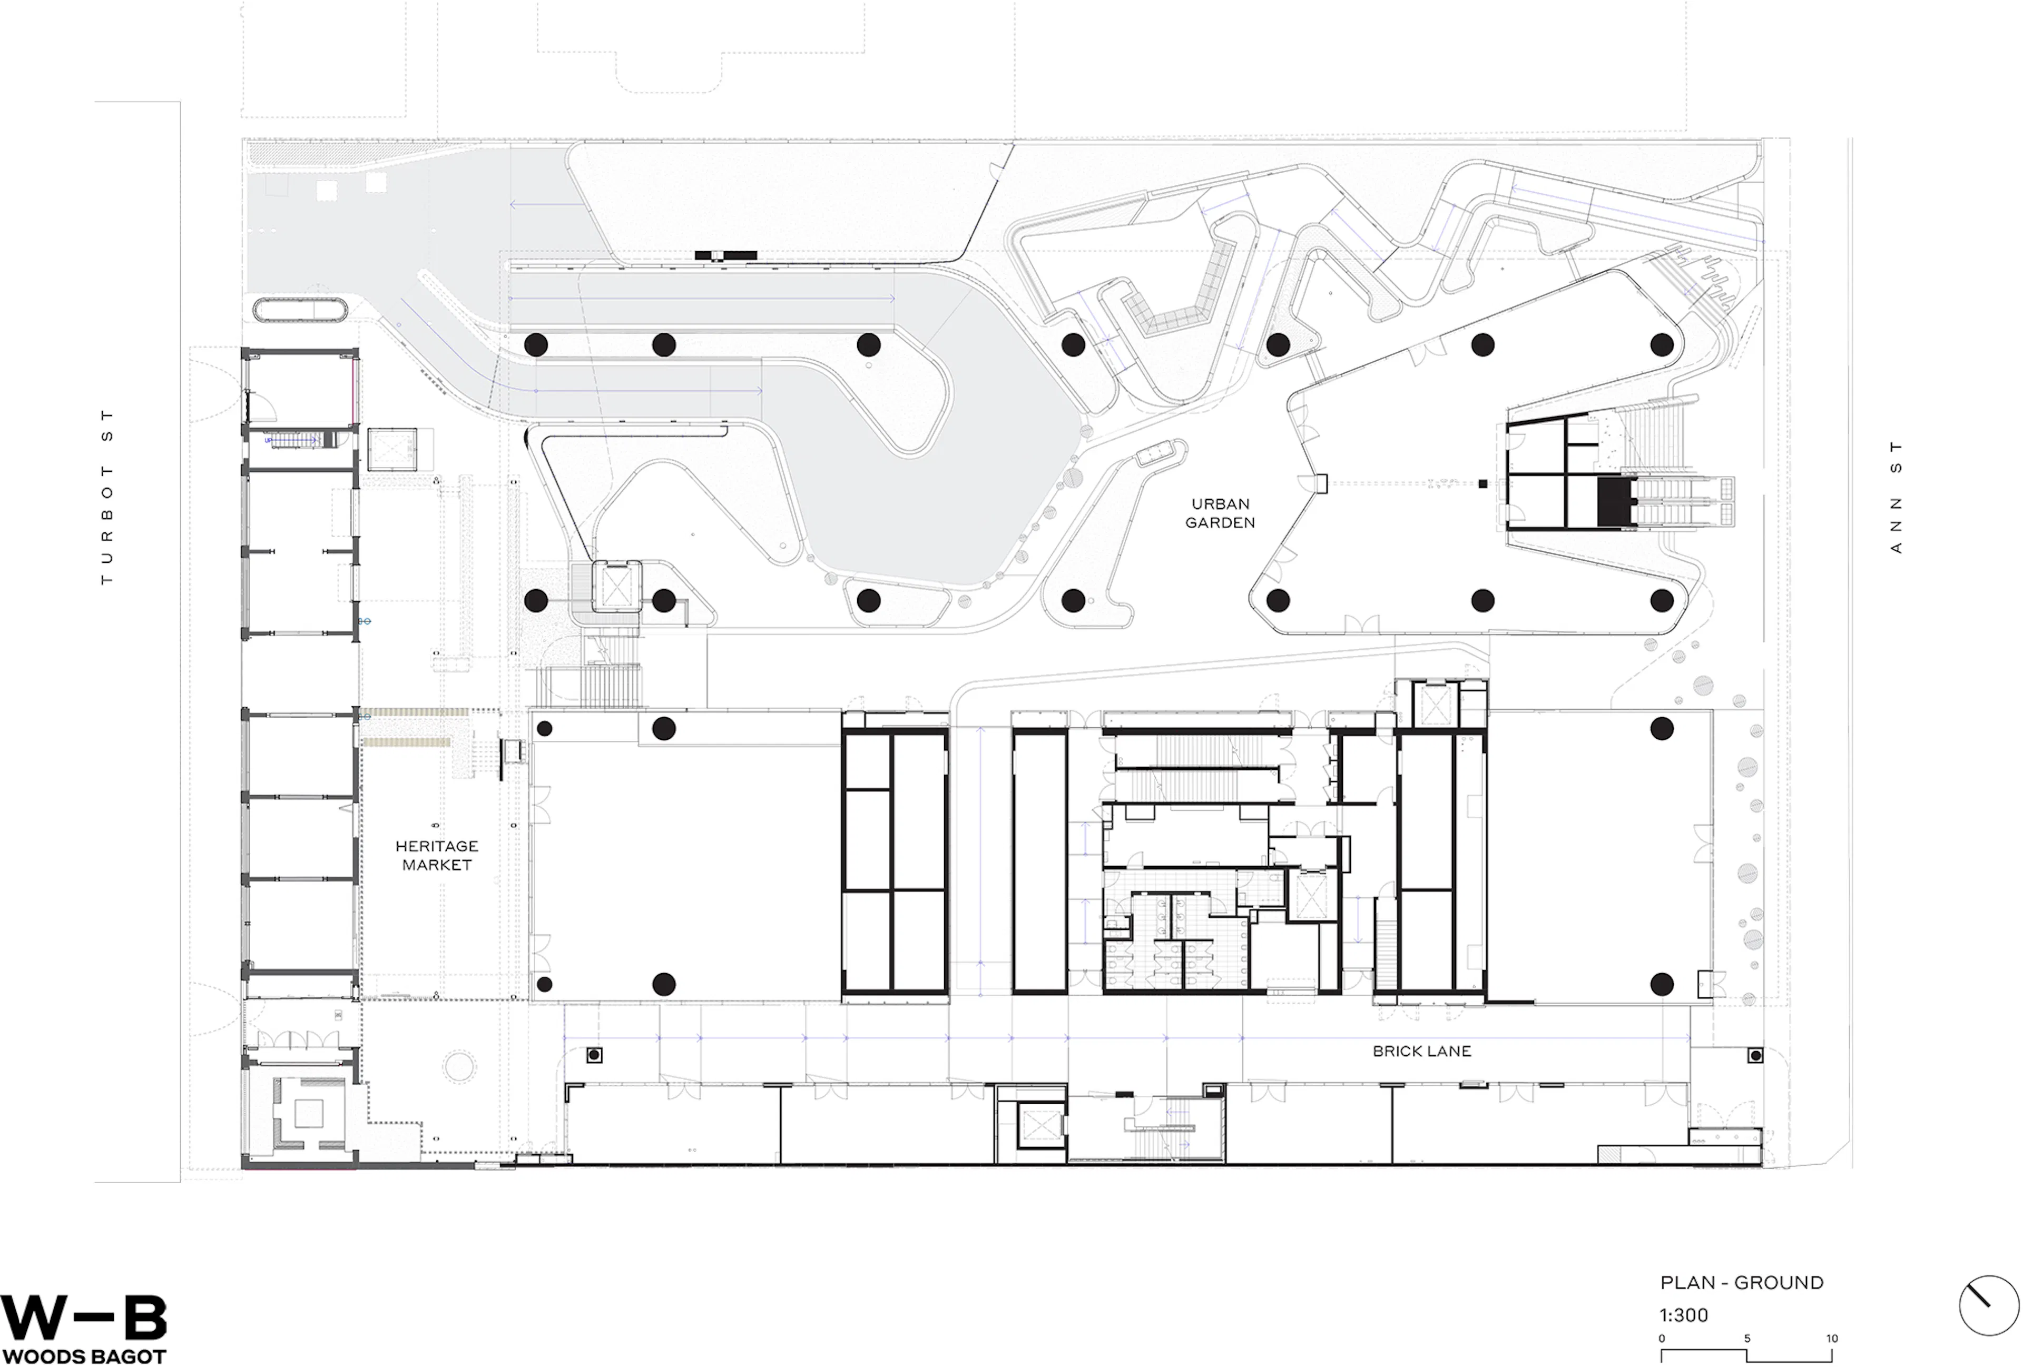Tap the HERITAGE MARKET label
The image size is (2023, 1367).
coord(436,855)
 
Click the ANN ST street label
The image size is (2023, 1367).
coord(1896,497)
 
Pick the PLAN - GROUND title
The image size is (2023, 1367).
coord(1741,1283)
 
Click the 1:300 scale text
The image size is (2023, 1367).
coord(1684,1315)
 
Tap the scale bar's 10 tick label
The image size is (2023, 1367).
coord(1831,1338)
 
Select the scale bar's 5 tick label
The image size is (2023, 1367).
coord(1747,1338)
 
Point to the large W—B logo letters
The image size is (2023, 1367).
coord(84,1318)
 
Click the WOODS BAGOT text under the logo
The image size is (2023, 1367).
coord(84,1356)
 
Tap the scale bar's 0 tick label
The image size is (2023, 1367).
coord(1661,1338)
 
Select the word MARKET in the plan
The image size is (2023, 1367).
coord(436,865)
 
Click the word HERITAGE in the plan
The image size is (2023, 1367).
coord(436,846)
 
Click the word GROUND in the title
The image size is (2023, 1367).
coord(1779,1283)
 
